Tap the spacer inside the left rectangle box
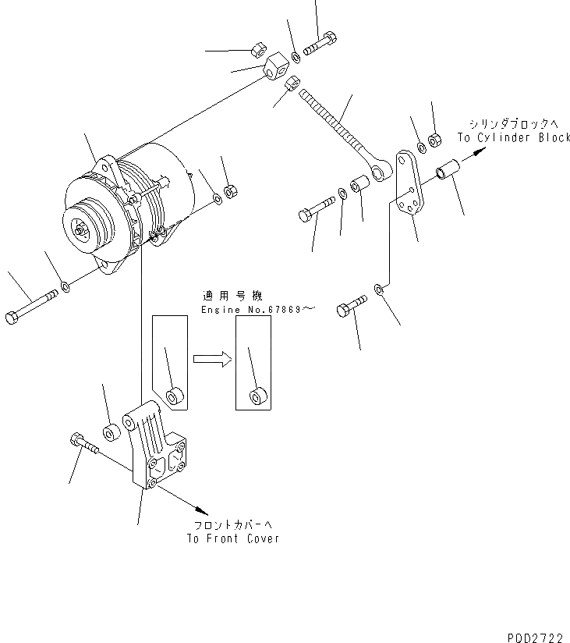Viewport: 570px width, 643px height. pos(175,396)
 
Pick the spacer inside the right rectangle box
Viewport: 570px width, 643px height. pos(257,396)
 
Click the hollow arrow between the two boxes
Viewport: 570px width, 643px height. pos(212,358)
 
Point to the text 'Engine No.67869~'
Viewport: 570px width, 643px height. pos(257,310)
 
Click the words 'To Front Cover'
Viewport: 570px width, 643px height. pos(232,538)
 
